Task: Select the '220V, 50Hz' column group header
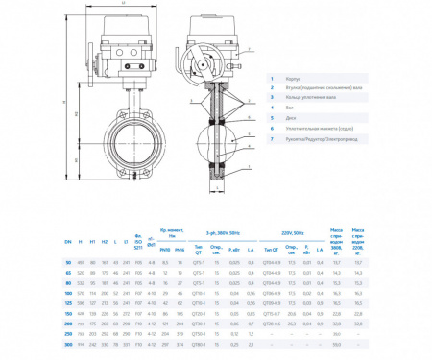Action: tap(295, 234)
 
